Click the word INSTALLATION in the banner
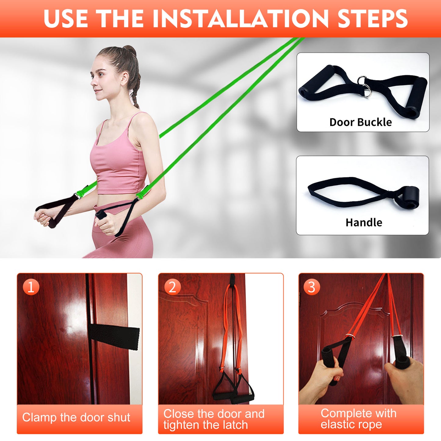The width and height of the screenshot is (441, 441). pos(240,19)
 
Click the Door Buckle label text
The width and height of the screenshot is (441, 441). pos(360,122)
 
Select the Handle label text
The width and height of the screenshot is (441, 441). pos(364,222)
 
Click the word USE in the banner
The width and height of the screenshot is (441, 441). pos(66,19)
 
